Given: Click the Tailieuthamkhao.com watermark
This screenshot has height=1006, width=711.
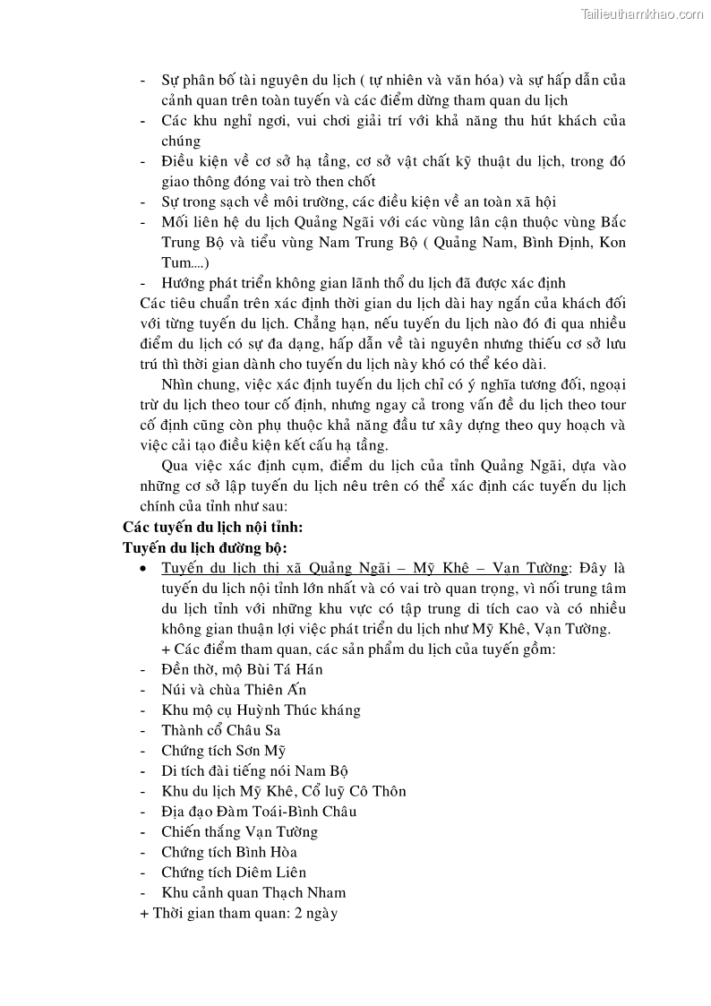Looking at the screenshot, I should point(642,13).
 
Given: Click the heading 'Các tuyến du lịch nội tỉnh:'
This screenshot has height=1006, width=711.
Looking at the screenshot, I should point(213,527).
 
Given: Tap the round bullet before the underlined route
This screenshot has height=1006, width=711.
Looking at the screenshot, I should point(145,568).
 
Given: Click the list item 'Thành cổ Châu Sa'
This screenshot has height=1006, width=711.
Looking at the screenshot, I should point(221,730).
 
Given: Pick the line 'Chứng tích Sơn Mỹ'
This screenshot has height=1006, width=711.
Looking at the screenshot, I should point(224,751).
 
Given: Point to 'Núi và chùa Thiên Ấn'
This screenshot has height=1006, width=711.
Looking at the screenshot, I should point(234,690).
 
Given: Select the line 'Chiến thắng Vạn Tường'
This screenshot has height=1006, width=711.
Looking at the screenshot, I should point(239,831).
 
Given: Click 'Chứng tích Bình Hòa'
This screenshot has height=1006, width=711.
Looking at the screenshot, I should point(229,852).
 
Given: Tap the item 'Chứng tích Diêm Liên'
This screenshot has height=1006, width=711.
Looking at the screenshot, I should point(234,872).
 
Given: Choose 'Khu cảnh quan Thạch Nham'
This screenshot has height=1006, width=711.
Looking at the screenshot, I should point(253,892).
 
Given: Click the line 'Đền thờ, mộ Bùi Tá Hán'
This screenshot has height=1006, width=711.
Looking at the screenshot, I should point(242,669).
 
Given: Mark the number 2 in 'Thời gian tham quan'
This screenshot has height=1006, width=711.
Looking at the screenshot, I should point(287,913).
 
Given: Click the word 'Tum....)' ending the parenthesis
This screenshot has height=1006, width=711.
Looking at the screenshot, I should point(184,262).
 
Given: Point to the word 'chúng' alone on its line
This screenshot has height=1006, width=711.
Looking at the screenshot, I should point(181,141).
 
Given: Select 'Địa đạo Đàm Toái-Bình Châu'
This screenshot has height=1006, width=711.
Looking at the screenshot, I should point(259,812).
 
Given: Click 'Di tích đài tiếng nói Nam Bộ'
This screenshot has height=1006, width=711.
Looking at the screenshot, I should point(254,770).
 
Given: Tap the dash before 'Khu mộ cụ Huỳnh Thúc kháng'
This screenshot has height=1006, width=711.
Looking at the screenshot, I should point(144,710).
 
